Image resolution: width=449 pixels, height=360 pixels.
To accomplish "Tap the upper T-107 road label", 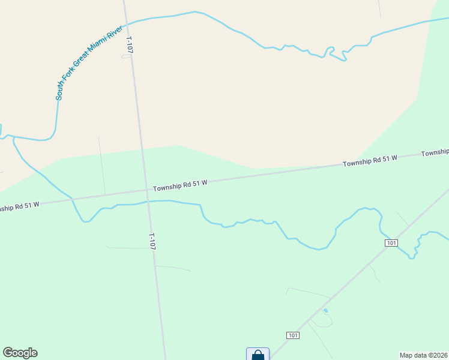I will [129, 46].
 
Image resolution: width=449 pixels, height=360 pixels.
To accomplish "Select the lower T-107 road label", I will [152, 241].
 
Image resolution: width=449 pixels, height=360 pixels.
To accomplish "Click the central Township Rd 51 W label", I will [179, 185].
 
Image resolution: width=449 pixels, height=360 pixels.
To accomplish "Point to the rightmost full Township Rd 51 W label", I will [370, 161].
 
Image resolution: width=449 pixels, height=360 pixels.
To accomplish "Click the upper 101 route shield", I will [391, 243].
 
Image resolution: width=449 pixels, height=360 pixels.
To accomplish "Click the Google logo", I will [20, 353].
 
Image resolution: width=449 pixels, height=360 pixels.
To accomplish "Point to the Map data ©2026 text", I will [424, 355].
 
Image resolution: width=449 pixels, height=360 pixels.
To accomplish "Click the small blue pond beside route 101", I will [325, 311].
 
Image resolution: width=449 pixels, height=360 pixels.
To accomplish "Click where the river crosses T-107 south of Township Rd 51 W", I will [147, 202].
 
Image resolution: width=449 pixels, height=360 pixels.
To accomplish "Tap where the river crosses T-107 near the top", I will [126, 25].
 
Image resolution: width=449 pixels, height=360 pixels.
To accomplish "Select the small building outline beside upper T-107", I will [125, 56].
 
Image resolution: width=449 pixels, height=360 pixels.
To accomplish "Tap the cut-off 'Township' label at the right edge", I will [435, 152].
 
